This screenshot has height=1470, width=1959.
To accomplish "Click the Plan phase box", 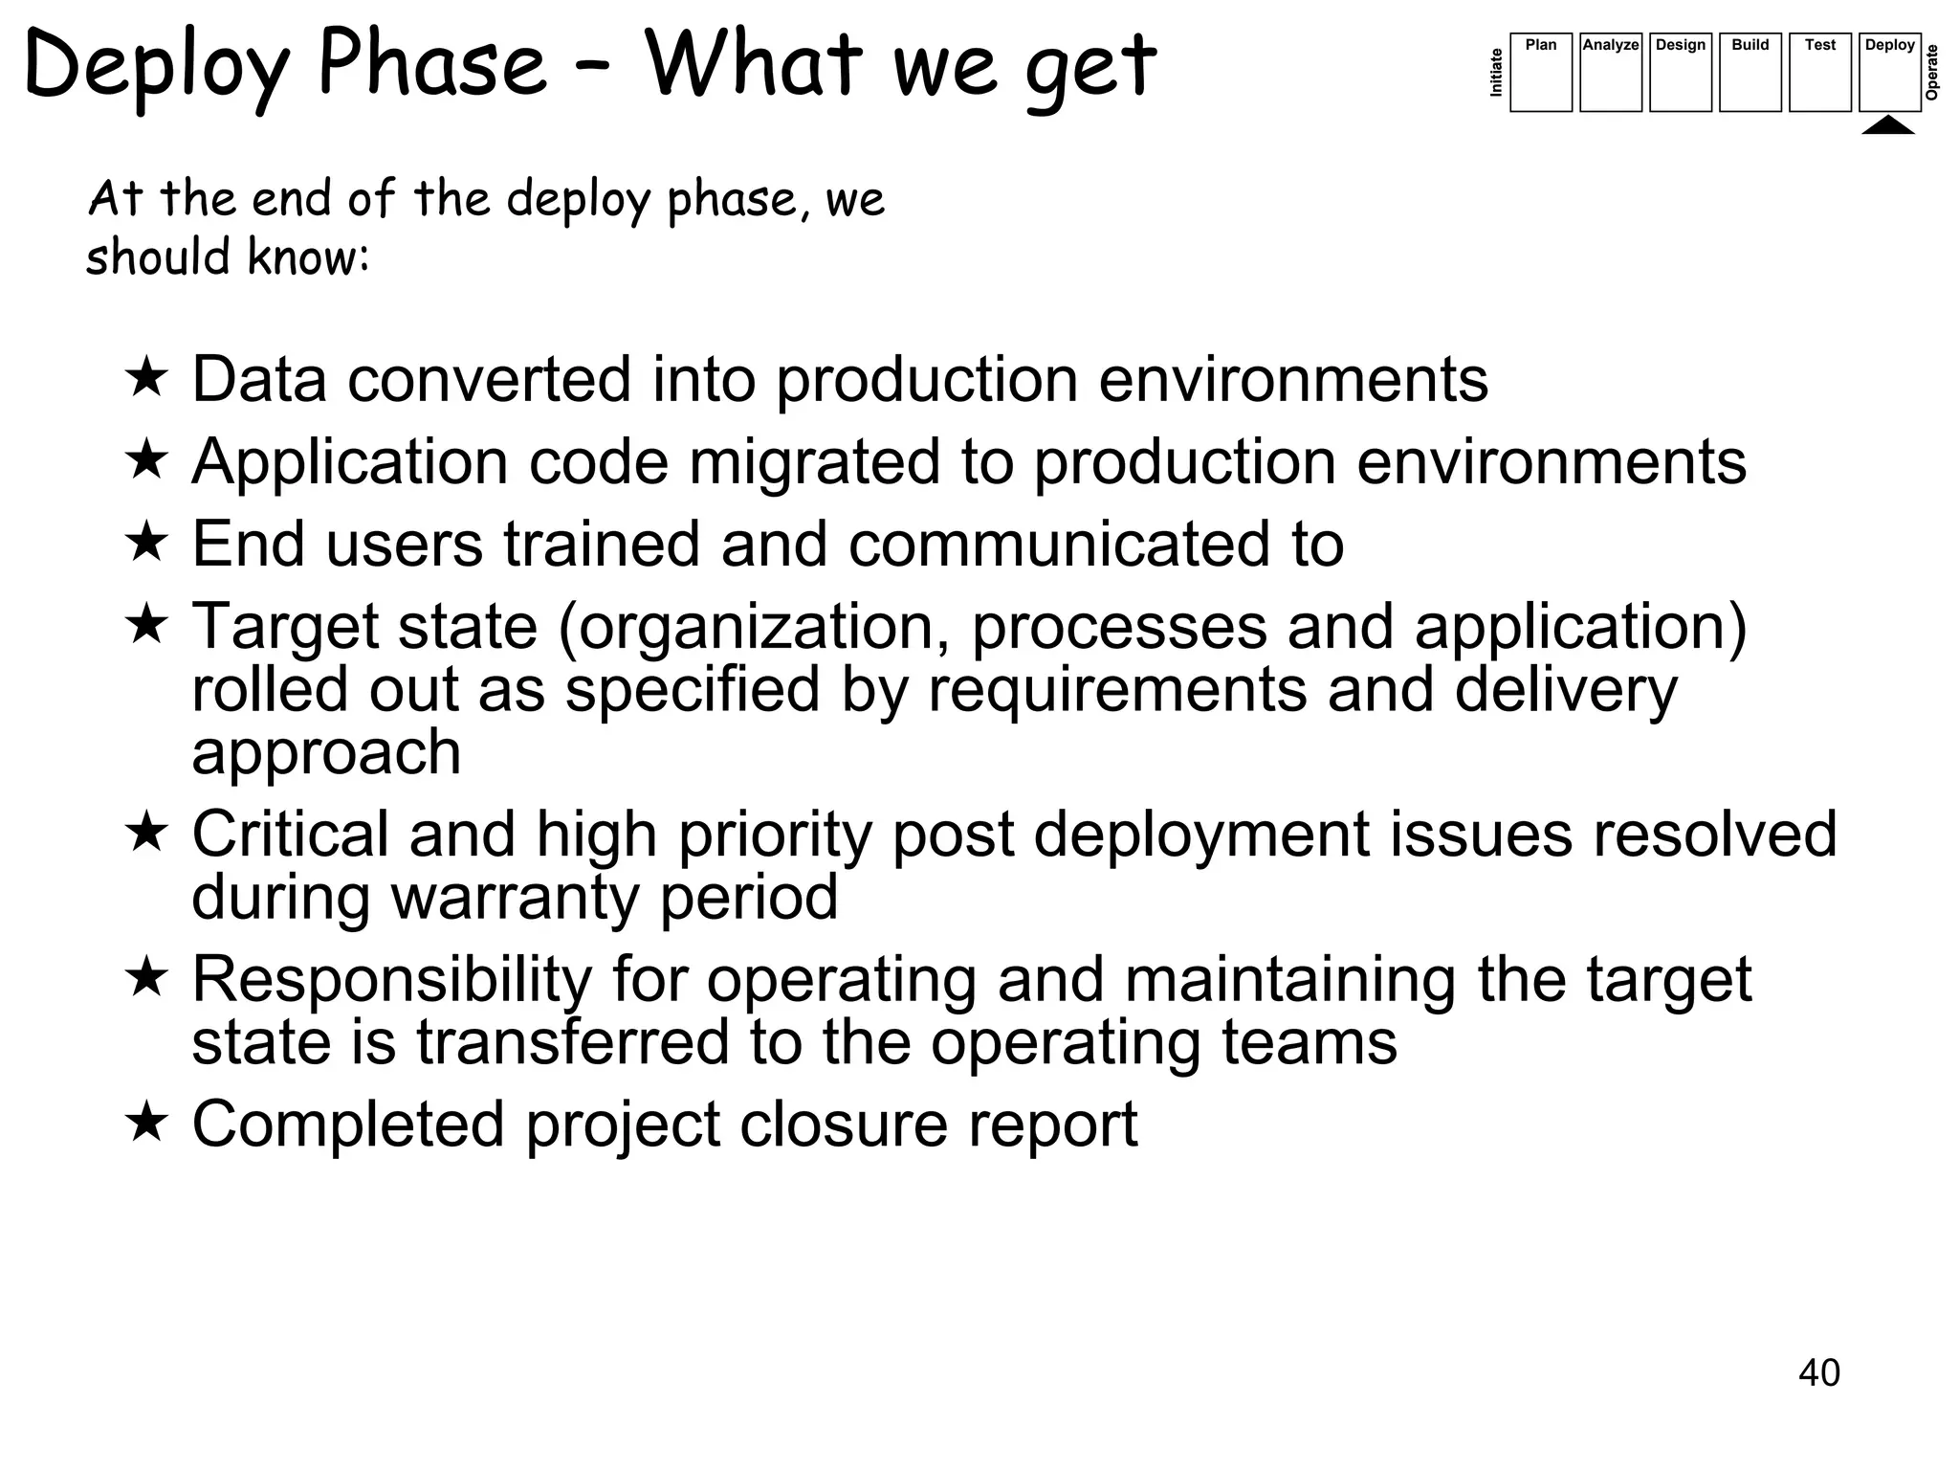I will pos(1540,73).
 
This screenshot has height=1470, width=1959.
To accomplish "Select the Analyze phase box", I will pos(1610,73).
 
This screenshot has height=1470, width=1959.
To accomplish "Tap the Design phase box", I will pos(1680,73).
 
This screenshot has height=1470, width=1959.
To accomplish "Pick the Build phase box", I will pos(1750,73).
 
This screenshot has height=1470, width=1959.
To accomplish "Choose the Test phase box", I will pos(1819,73).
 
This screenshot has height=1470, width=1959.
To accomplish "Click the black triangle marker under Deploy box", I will pos(1888,125).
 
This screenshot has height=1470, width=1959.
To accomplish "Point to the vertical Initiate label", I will pos(1497,73).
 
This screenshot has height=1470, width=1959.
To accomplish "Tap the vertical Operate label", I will pos(1932,73).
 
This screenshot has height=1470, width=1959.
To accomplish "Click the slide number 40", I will pos(1818,1372).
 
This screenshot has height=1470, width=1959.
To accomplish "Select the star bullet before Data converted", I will pos(146,377).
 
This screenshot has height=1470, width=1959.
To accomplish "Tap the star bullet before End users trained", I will pos(146,542).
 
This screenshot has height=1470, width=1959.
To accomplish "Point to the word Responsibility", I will pos(392,980).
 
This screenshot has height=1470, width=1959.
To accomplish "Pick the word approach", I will pos(326,753).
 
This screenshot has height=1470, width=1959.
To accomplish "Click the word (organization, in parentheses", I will pos(755,627).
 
